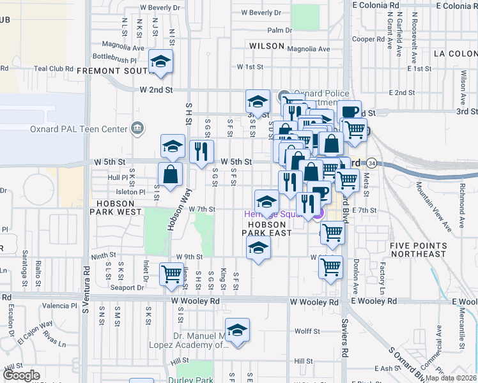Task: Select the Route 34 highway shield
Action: click(x=371, y=163)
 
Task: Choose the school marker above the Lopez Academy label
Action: click(x=237, y=331)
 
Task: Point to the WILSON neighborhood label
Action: click(x=266, y=46)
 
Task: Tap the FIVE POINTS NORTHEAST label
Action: click(x=419, y=250)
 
